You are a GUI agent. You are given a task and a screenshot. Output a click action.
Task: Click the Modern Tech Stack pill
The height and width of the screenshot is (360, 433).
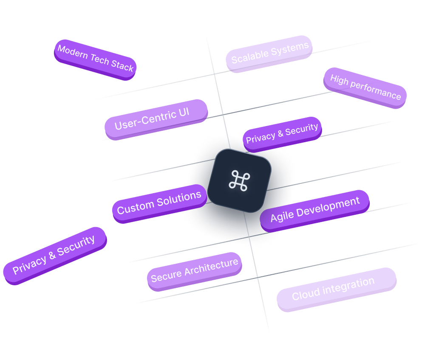(x=95, y=59)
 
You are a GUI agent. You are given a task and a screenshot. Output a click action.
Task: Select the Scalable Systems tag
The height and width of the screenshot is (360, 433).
(x=269, y=53)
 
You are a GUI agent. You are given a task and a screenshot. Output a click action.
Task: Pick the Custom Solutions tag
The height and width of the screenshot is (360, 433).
(x=159, y=202)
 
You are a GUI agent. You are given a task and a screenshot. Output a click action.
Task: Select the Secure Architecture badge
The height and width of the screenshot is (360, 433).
(x=194, y=270)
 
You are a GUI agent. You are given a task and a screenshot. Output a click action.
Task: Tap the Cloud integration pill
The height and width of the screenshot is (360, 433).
(x=336, y=288)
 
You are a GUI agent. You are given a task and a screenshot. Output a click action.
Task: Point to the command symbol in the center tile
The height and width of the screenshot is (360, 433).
(x=240, y=180)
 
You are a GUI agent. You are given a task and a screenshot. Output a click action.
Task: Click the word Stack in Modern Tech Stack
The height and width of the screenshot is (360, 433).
(x=122, y=65)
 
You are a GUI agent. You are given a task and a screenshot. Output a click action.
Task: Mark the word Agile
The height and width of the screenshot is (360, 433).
(x=282, y=216)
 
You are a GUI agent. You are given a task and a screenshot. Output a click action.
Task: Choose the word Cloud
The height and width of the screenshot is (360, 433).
(x=305, y=294)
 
